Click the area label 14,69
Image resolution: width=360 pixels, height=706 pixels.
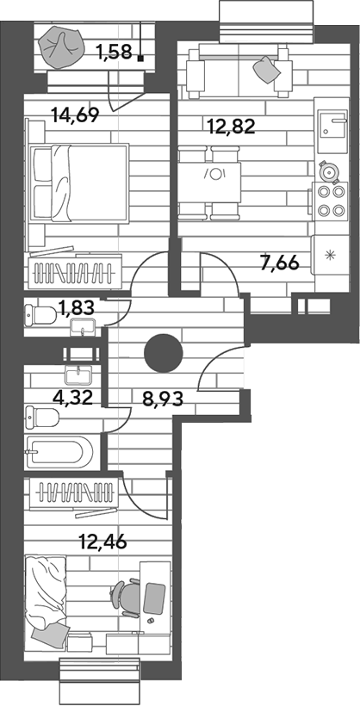point(75,115)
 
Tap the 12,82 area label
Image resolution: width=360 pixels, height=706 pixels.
point(232,127)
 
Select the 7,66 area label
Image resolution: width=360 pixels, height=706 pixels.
point(280,262)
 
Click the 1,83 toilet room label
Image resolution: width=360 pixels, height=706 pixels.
point(76,309)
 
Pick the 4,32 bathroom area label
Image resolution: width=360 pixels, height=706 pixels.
point(73,398)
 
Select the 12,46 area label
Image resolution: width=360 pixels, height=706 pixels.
point(102,541)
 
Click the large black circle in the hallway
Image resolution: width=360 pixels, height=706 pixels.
point(164,354)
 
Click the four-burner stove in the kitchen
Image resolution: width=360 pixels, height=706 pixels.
point(331,201)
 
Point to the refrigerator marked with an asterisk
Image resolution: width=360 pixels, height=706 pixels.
point(332,257)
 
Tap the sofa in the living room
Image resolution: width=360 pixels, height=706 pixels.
point(237,72)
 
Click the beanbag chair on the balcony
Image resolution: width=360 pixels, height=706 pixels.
point(60,46)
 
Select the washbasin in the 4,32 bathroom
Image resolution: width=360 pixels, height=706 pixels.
point(79,375)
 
